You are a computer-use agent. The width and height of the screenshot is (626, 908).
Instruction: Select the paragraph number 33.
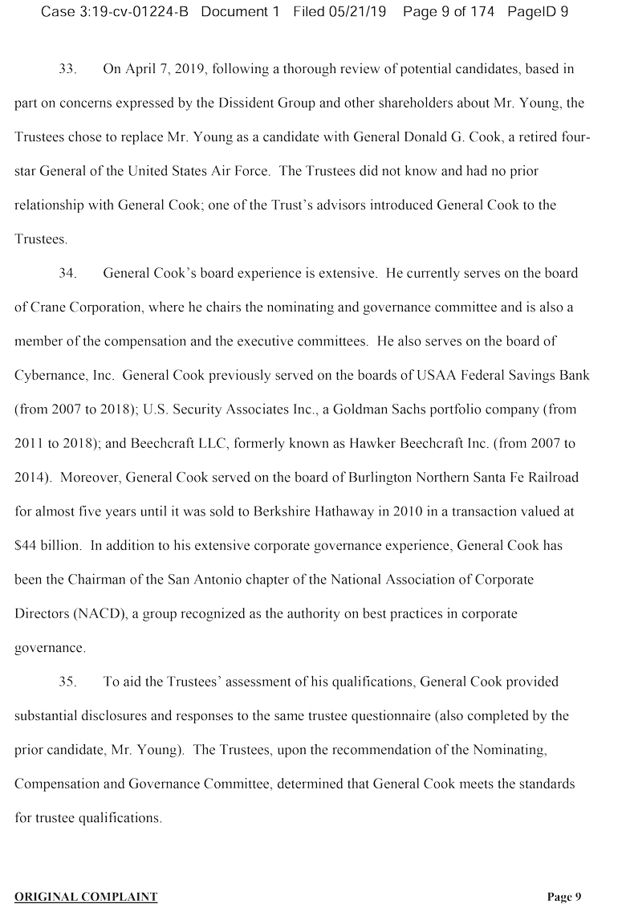pos(67,68)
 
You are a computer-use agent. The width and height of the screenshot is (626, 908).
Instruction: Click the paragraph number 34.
pos(67,273)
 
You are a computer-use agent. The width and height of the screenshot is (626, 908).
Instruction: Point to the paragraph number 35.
pos(67,682)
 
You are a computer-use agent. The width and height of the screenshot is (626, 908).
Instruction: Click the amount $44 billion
pos(47,545)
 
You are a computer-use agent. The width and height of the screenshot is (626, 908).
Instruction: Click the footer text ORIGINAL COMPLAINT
pos(86,897)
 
